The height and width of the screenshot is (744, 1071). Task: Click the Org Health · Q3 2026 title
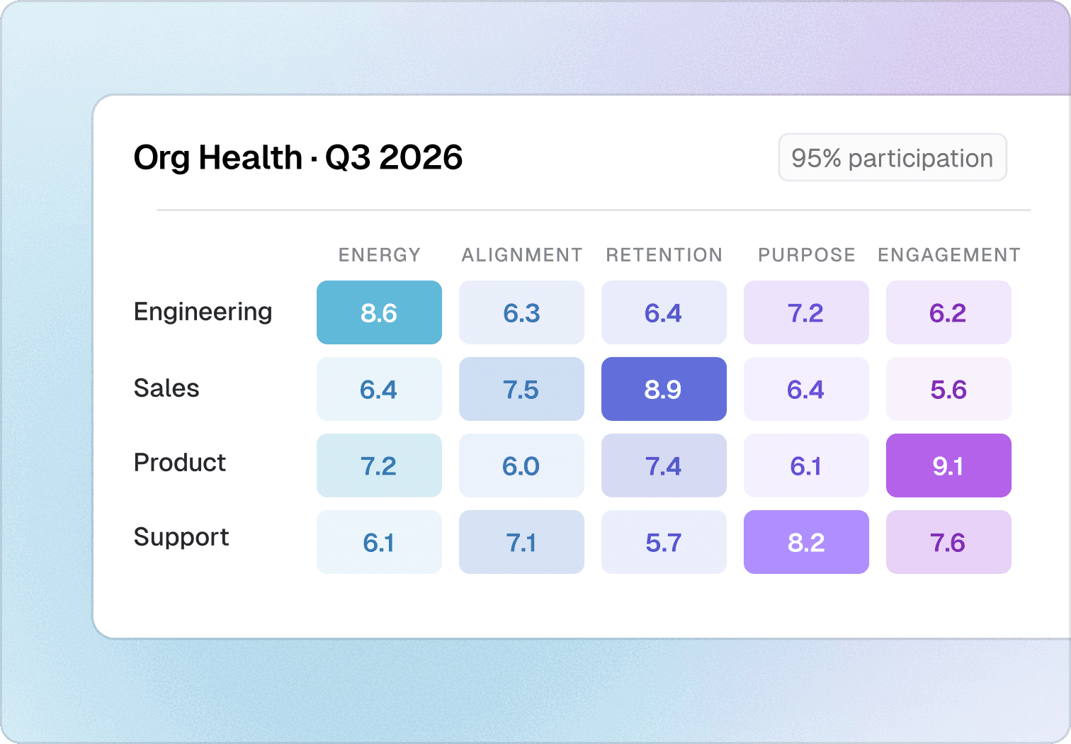click(298, 157)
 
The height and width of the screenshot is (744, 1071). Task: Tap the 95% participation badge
click(892, 157)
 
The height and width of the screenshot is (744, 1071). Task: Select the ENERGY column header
click(380, 255)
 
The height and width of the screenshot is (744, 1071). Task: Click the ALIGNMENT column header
click(522, 255)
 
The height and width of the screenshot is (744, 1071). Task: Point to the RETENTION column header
click(664, 255)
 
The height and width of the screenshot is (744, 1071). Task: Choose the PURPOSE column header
click(807, 255)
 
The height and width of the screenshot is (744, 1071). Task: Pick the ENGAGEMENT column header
click(949, 255)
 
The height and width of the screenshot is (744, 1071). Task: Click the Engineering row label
click(203, 312)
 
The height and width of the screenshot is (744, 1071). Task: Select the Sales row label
click(166, 388)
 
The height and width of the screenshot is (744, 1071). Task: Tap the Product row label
click(180, 463)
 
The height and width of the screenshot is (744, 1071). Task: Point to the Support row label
click(181, 537)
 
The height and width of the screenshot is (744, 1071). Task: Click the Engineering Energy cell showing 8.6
click(379, 312)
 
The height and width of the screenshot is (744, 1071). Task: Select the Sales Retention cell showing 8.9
click(664, 389)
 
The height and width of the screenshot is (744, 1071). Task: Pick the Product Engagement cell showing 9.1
click(948, 466)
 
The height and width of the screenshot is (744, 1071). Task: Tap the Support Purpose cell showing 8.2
click(806, 542)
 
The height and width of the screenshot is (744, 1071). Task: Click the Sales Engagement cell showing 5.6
click(948, 389)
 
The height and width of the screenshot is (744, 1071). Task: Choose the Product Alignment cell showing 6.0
click(521, 466)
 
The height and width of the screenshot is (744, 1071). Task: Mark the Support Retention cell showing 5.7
click(664, 542)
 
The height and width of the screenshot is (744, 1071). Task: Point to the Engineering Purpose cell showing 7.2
click(806, 312)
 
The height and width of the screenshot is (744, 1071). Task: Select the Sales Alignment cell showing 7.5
click(521, 389)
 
